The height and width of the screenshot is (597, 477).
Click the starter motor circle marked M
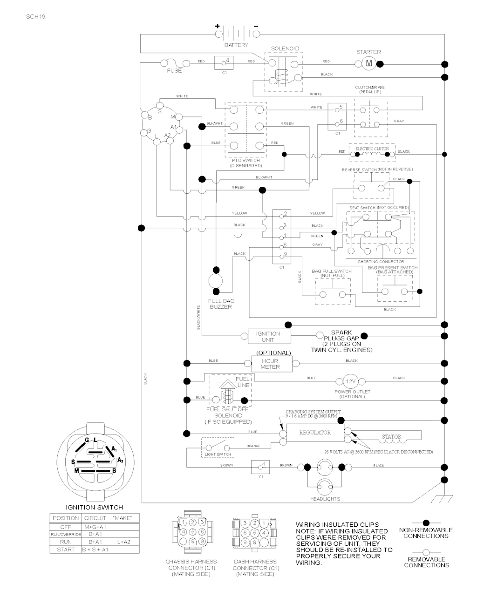(x=368, y=63)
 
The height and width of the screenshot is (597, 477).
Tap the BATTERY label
(x=236, y=45)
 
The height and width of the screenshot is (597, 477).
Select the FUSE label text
(x=174, y=71)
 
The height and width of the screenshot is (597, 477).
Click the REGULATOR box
(x=315, y=433)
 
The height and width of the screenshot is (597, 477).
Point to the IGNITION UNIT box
(x=268, y=337)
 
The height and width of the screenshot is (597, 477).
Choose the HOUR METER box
(x=270, y=364)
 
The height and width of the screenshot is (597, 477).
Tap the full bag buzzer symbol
(x=216, y=281)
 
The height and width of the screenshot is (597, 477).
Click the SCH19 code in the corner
(x=36, y=16)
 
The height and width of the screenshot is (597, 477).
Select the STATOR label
(x=391, y=437)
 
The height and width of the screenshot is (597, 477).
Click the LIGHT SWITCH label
(x=218, y=454)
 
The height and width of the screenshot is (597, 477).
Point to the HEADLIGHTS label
(x=325, y=499)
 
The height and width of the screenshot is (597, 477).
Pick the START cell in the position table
(x=66, y=550)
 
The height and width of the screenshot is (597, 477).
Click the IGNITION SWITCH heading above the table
(x=94, y=507)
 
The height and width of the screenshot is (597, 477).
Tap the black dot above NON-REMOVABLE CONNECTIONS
(x=426, y=523)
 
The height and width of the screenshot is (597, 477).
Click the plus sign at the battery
(x=217, y=27)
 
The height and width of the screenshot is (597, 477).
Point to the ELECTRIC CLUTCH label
(x=372, y=149)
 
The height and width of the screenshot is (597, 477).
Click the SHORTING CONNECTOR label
(x=381, y=262)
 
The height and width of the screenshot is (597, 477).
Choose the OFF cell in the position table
(x=66, y=527)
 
